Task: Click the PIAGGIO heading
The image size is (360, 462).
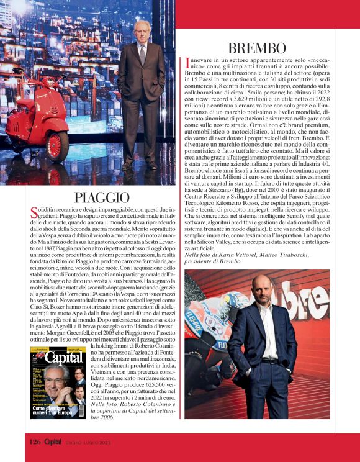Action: pos(102,198)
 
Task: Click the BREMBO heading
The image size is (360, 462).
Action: pos(257,48)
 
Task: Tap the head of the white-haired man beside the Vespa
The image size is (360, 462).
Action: pos(142,30)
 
